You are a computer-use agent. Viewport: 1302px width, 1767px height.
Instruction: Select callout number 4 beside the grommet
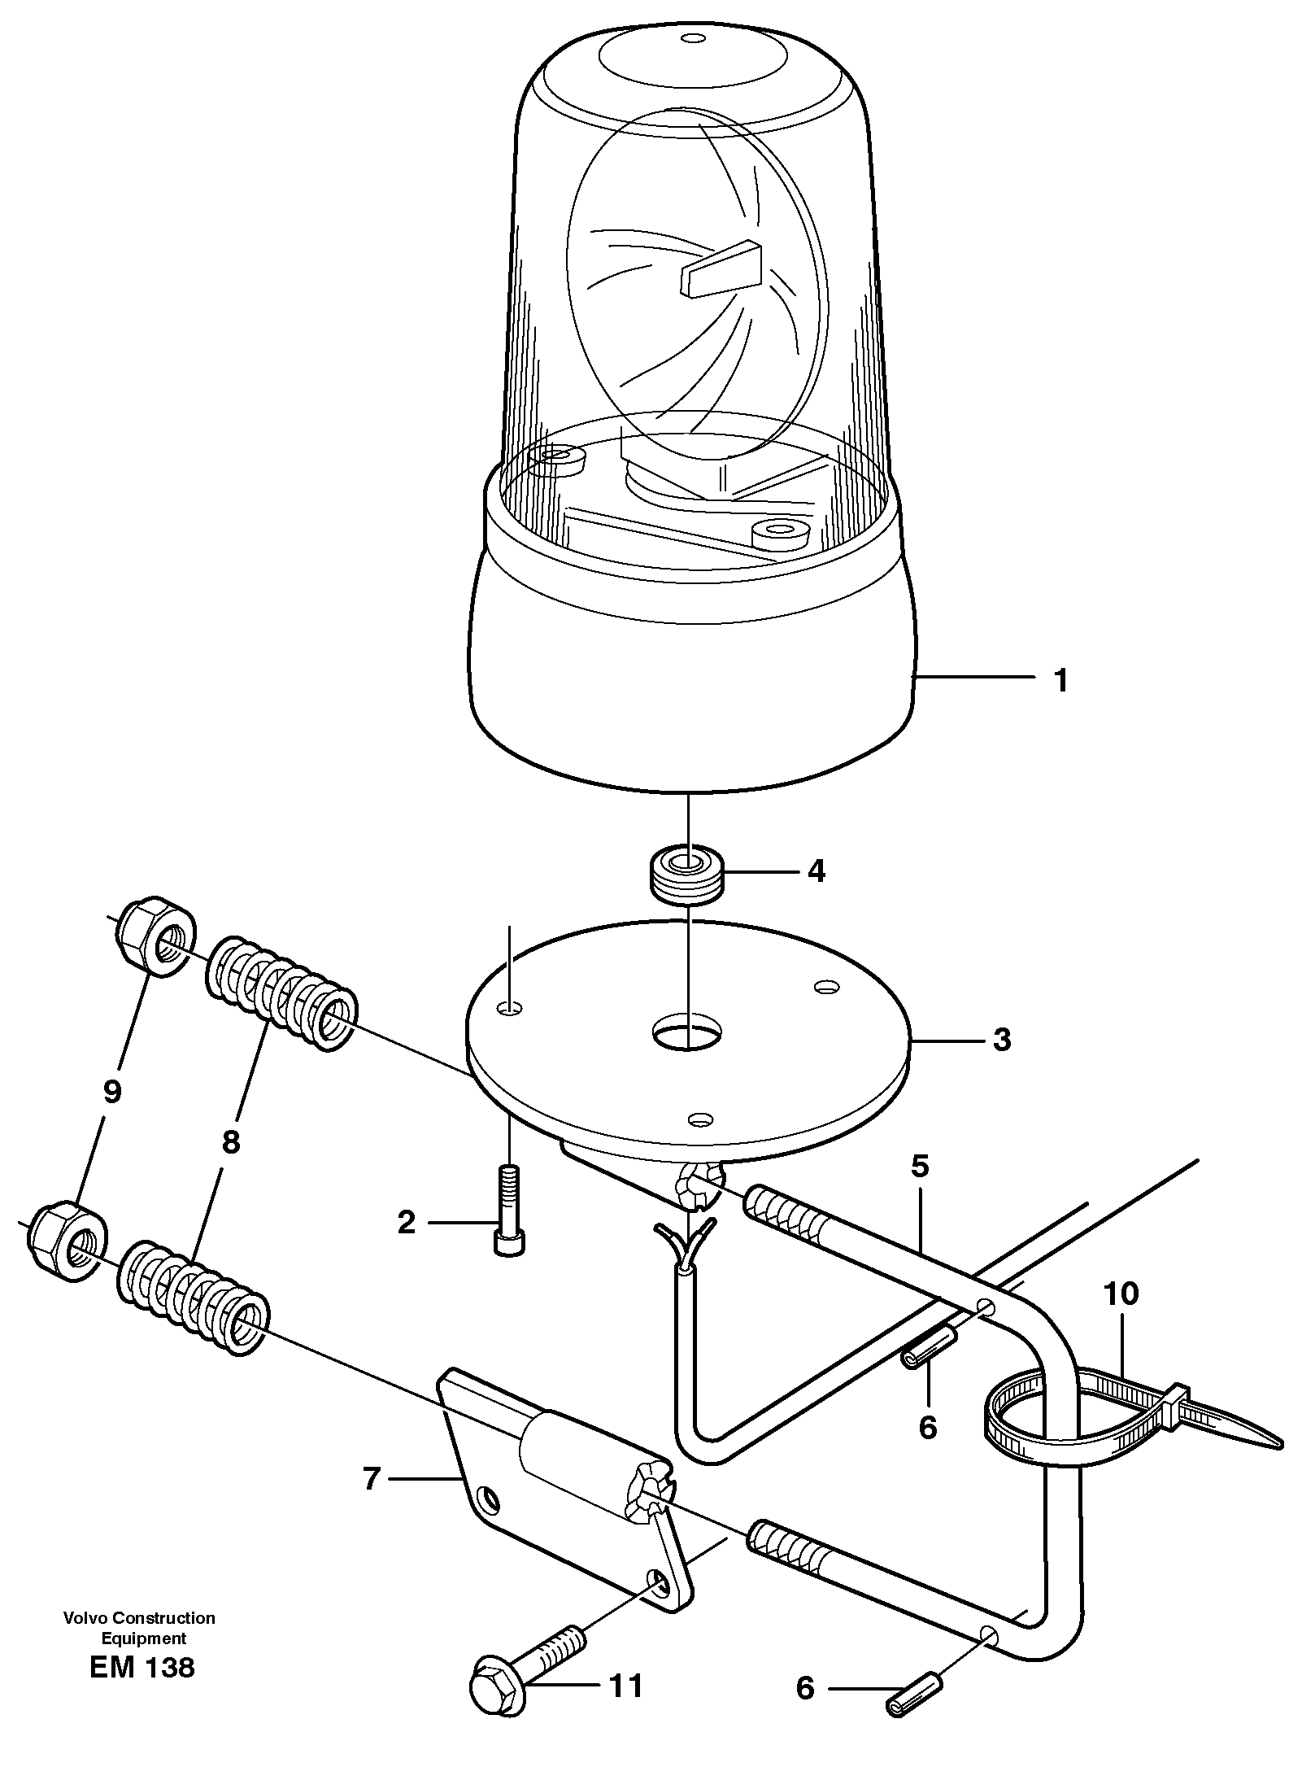coord(816,871)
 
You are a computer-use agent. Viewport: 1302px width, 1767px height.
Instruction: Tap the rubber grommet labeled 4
coord(688,877)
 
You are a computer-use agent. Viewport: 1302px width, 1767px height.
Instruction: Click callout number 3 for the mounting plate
coord(1002,1040)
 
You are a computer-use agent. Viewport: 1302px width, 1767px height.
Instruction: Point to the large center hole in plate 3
coord(687,1032)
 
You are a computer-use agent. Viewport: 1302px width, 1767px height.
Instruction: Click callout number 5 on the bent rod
coord(919,1167)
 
